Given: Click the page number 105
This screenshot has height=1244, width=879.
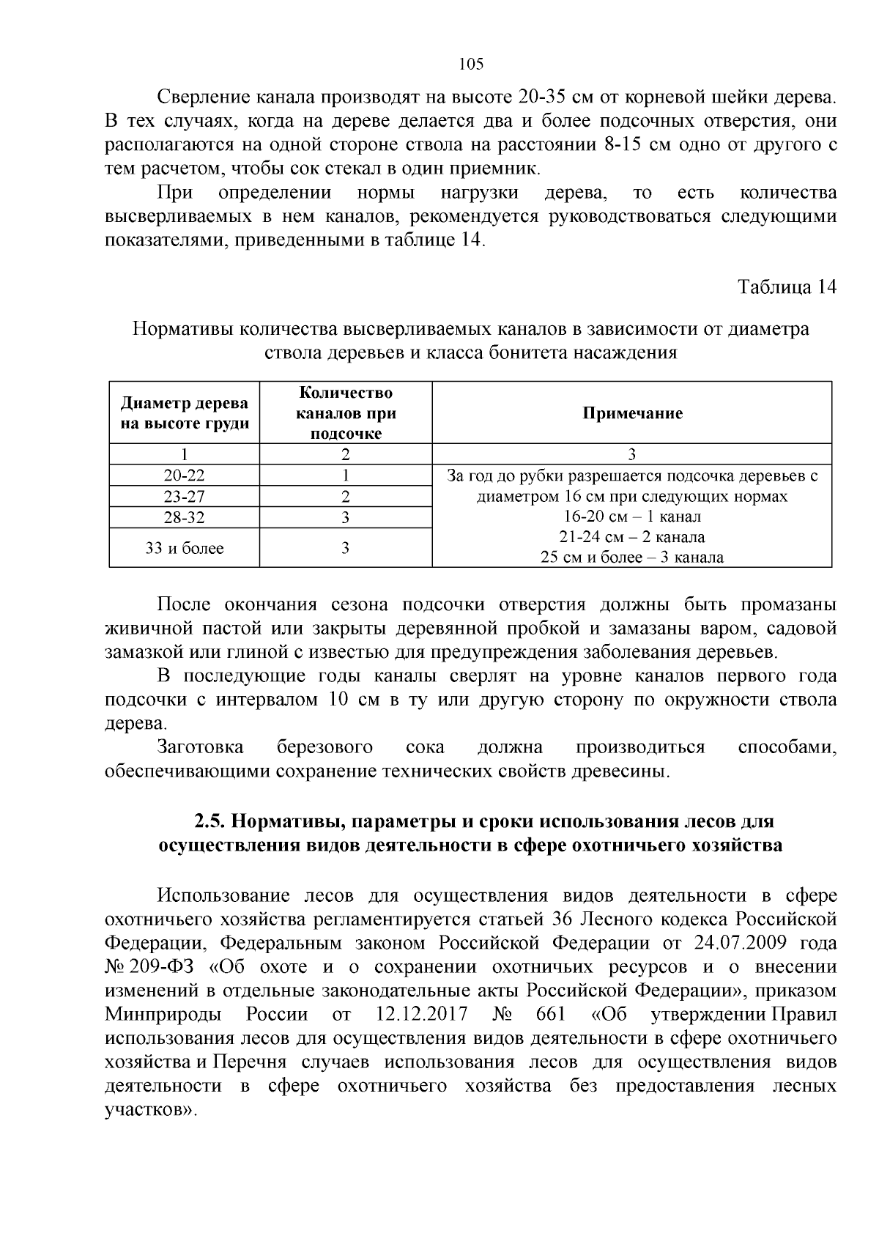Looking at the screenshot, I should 470,64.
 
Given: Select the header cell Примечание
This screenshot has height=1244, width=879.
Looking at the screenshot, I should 632,413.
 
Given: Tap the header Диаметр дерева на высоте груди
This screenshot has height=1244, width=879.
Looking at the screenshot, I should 185,413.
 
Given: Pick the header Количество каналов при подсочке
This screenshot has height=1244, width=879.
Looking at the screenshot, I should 346,413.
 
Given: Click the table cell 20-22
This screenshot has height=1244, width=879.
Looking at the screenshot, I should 185,475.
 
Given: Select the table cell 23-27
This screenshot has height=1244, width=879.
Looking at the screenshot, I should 185,497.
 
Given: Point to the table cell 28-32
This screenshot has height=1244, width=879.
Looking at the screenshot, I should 185,518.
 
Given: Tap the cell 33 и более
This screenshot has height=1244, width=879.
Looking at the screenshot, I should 185,548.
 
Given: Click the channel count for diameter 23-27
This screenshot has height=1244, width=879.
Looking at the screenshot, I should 346,497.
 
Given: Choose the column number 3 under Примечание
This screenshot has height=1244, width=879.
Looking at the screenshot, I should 632,453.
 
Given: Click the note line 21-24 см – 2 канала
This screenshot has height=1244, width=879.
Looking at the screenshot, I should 632,537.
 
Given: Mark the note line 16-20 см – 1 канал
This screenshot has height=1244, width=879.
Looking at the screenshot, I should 632,517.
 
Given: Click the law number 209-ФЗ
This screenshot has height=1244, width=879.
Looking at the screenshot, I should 161,966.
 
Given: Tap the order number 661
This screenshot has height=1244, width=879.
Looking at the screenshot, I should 551,1015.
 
